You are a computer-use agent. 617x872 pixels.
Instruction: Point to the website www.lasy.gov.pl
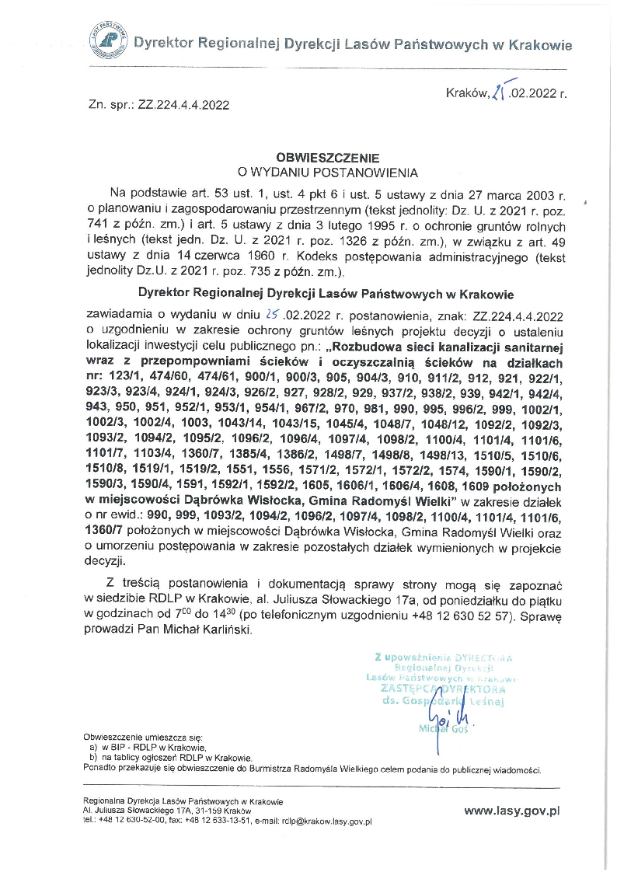(x=512, y=810)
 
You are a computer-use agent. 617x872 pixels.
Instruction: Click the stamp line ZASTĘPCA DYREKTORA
(x=443, y=689)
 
